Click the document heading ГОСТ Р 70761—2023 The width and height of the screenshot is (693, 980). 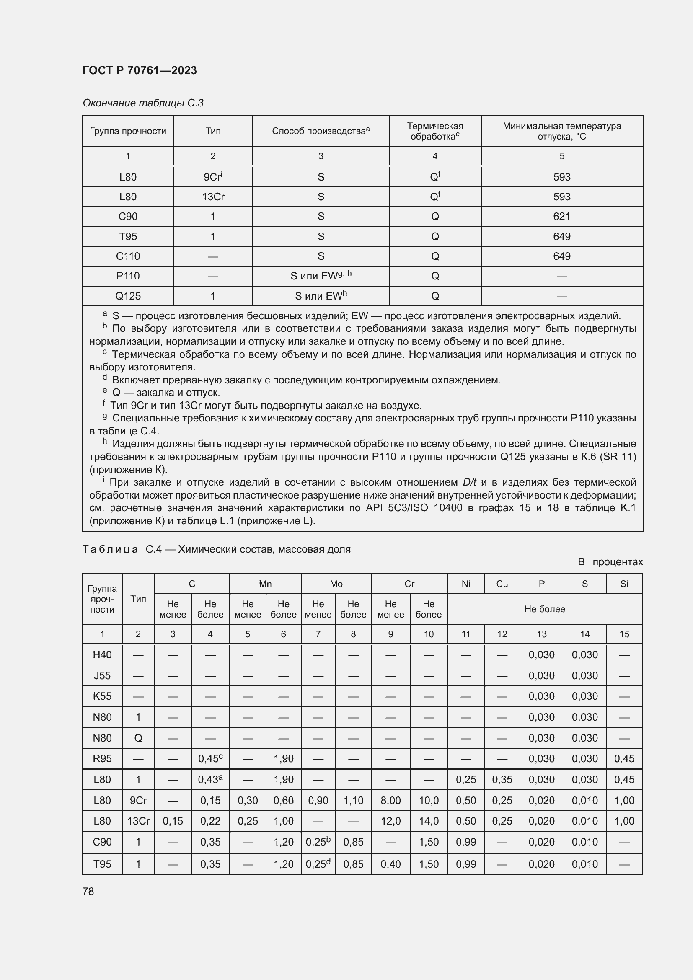(x=140, y=70)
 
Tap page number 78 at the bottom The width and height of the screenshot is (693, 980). (x=88, y=891)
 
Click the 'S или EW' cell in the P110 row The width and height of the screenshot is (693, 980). (x=321, y=276)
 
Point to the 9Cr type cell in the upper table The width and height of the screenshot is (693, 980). (x=213, y=177)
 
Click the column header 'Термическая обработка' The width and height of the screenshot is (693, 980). (x=435, y=131)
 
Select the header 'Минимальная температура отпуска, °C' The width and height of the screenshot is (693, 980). (x=561, y=131)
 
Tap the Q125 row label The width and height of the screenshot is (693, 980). (x=128, y=296)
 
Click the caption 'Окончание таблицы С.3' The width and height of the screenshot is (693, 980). (x=143, y=103)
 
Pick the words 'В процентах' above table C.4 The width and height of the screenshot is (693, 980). (x=610, y=562)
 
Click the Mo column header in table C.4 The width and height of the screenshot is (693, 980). (x=336, y=584)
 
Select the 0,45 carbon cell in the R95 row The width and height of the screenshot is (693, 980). (x=210, y=759)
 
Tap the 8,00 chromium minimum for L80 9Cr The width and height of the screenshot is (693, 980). (x=390, y=800)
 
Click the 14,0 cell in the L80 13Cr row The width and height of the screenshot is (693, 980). (x=429, y=821)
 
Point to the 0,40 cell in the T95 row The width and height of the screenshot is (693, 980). (x=390, y=864)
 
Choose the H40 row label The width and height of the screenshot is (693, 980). (x=102, y=655)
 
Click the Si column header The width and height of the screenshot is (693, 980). (x=624, y=584)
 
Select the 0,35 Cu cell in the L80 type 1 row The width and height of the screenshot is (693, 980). (x=502, y=780)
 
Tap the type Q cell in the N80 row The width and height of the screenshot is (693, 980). (x=138, y=738)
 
